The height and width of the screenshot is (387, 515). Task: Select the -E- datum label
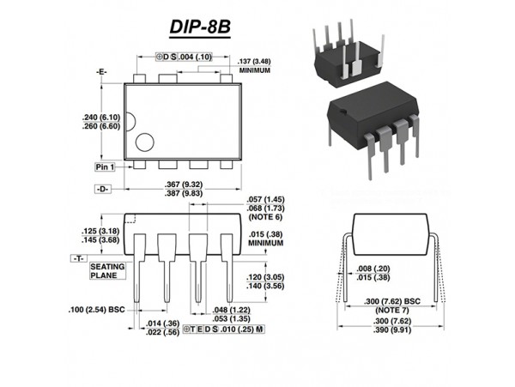(x=103, y=72)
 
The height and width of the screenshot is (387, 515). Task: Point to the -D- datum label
(x=103, y=187)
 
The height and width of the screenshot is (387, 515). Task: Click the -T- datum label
(x=78, y=257)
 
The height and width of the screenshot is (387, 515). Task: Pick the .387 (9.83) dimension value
(x=182, y=193)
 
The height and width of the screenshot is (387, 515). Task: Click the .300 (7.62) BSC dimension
(x=390, y=302)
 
